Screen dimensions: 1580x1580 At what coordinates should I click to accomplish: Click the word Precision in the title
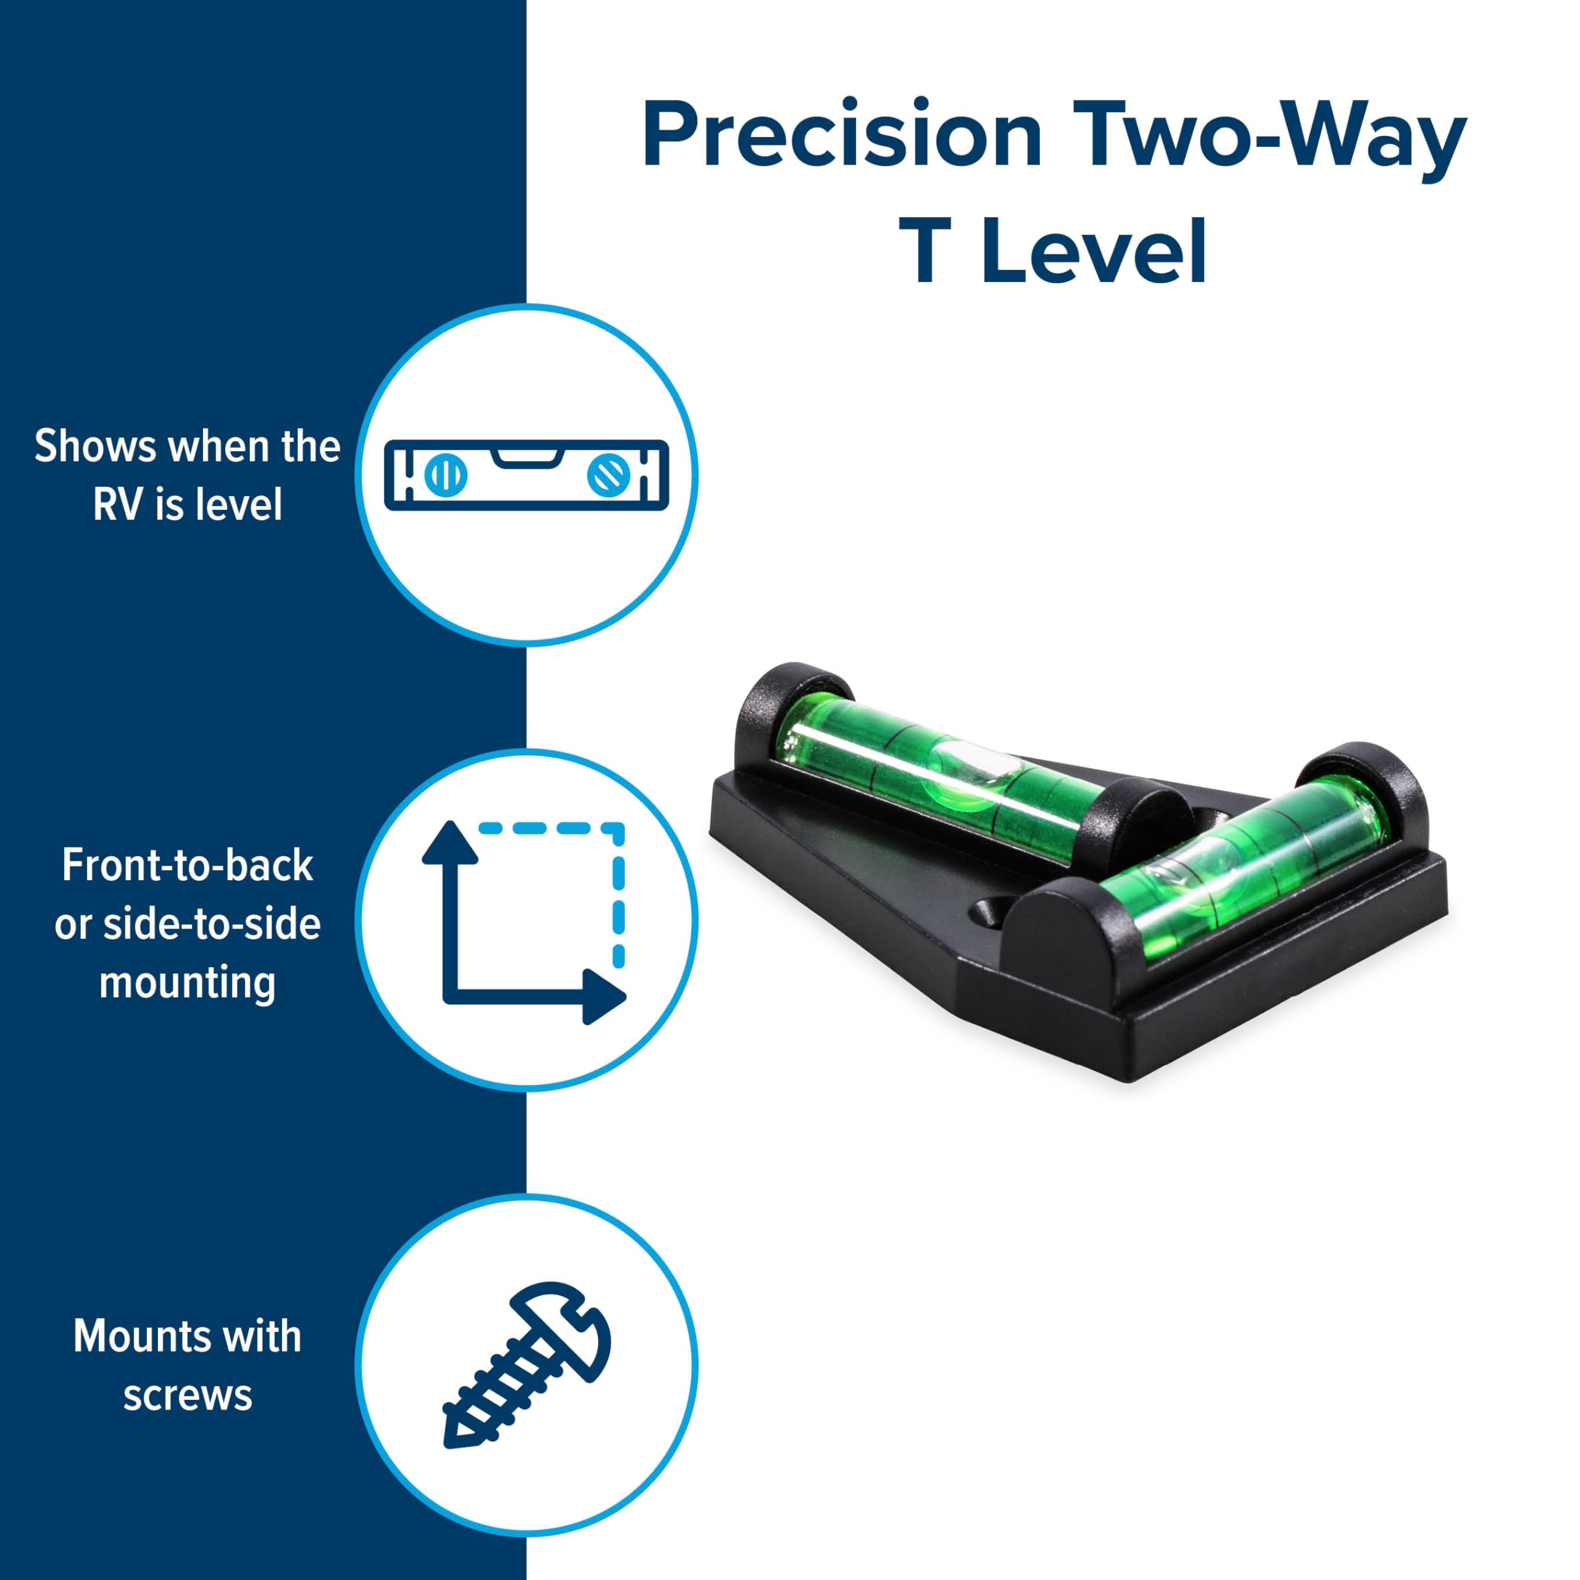[842, 135]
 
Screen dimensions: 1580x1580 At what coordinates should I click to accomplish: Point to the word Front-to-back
[187, 866]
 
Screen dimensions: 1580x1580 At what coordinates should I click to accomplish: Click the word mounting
[187, 982]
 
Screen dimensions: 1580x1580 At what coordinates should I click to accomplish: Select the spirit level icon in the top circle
[526, 475]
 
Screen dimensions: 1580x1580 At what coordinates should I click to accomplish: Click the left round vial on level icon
[446, 475]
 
